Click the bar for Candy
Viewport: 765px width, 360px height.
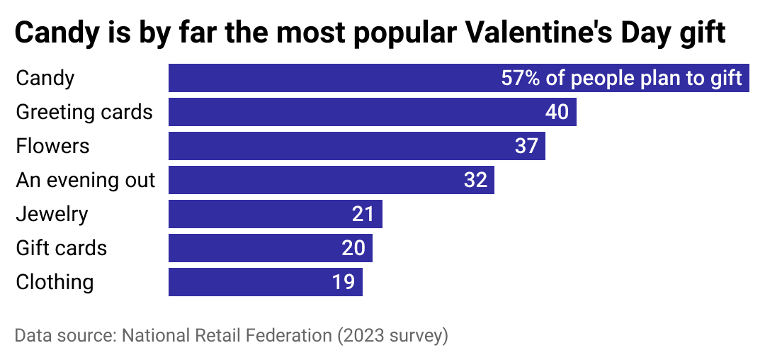pos(326,78)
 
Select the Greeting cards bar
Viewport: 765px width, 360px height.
pos(354,112)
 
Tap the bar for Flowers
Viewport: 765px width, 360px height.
pos(340,146)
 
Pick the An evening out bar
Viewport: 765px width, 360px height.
pos(312,180)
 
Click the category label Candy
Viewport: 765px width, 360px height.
pos(45,78)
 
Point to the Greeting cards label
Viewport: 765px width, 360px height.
pos(84,112)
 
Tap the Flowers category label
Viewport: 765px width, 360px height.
pos(52,146)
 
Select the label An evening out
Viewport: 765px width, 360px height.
pos(85,180)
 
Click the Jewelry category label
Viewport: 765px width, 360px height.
pos(52,214)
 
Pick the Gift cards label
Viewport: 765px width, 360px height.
pos(61,248)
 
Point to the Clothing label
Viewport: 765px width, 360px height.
pos(55,282)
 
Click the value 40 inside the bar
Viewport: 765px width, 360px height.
pos(557,112)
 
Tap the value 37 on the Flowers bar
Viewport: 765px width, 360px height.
pos(526,146)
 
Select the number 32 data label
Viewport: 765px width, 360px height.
pos(475,180)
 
